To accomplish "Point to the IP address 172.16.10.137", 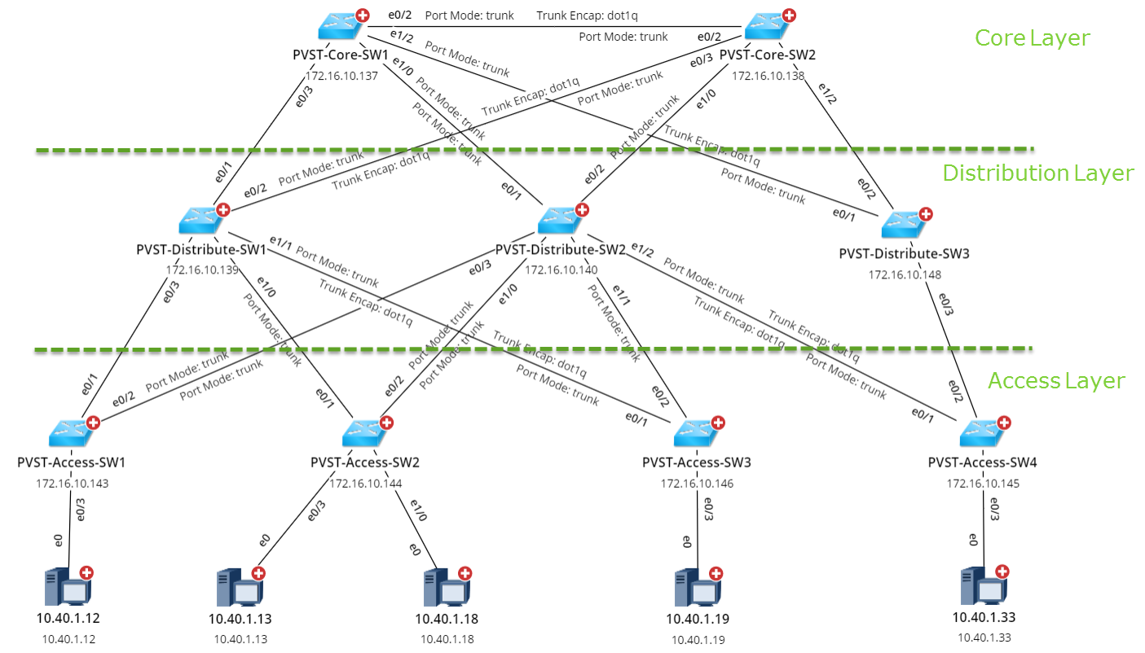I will tap(341, 76).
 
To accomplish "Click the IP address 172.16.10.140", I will tap(561, 270).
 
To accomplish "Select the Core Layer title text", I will tap(1032, 37).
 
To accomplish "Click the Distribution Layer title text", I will tap(1037, 173).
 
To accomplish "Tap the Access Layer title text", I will tap(1056, 380).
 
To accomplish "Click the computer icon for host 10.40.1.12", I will tap(65, 588).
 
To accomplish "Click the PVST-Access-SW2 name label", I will tap(364, 462).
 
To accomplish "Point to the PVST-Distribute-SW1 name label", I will tap(201, 249).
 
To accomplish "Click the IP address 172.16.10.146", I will tap(697, 483).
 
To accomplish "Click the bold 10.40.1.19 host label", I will tap(698, 619).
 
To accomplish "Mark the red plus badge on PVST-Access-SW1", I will tap(94, 423).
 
